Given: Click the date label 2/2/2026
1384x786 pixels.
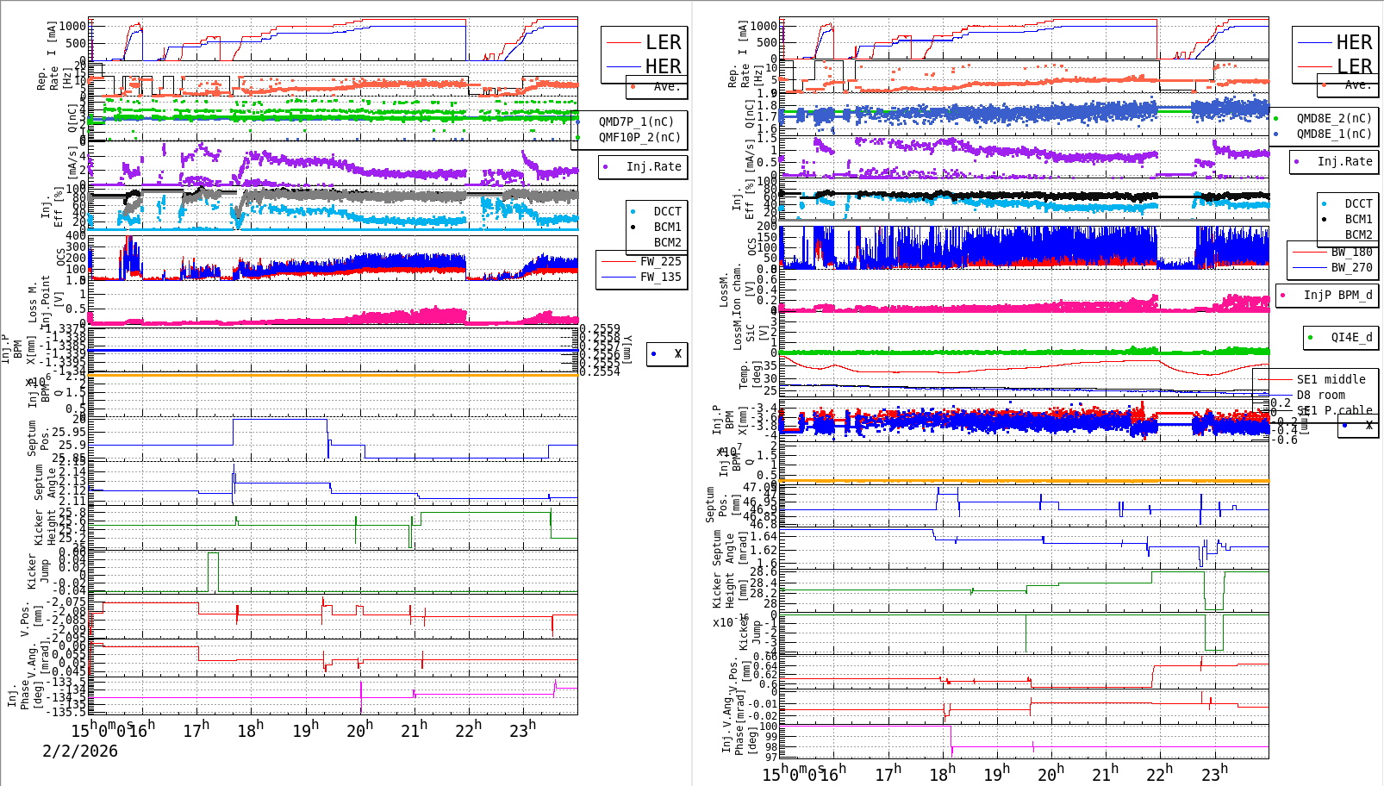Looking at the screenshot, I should point(80,751).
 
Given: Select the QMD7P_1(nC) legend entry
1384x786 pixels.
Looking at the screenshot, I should point(636,122).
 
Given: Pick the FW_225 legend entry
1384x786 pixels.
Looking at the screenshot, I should point(660,261).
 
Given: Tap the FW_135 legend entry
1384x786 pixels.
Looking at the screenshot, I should point(660,277).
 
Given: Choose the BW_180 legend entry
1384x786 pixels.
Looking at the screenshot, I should point(1351,252).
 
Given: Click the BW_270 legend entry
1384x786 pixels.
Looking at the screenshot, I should point(1351,267).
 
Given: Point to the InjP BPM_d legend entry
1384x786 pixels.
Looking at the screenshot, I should point(1337,295).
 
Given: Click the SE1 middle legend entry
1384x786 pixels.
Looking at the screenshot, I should point(1331,379).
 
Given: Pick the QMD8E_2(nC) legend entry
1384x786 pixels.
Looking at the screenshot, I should point(1334,118).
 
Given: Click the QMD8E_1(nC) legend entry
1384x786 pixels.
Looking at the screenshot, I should point(1334,134).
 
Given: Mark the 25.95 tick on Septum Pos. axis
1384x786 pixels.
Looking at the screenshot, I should point(69,432).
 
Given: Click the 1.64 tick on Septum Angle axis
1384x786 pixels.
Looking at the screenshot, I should point(764,536).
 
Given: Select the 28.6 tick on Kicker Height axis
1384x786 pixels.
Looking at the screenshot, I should point(763,571).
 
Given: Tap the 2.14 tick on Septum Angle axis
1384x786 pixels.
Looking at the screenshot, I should point(73,471).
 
